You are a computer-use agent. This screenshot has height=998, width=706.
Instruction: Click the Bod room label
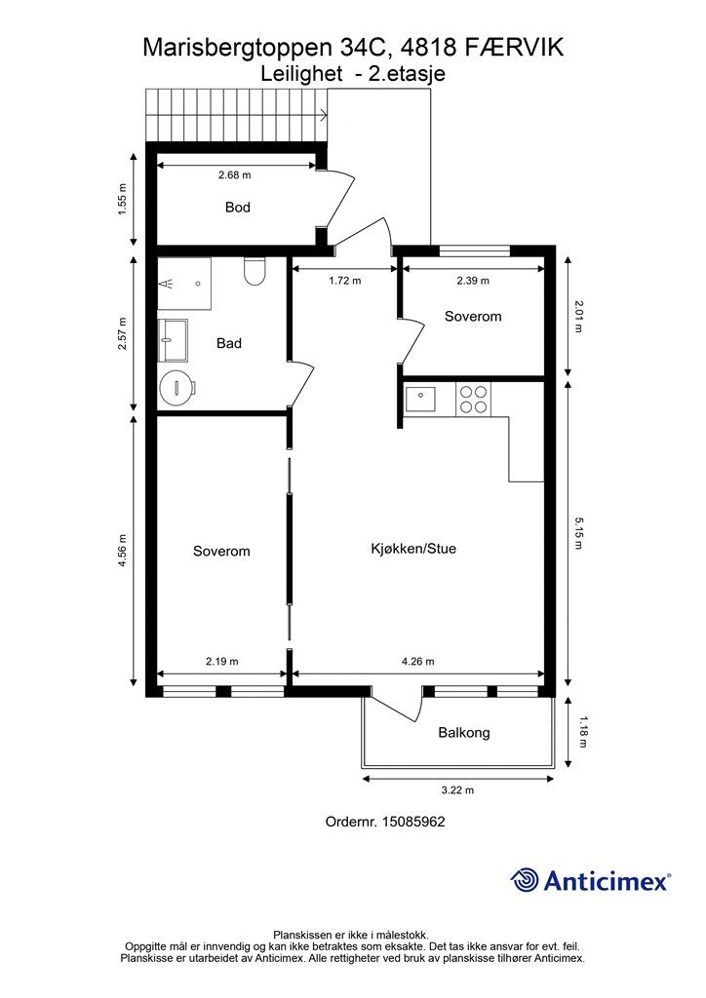[x=238, y=207]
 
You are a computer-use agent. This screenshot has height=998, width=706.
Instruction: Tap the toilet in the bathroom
[x=255, y=272]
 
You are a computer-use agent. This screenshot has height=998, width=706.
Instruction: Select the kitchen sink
[x=420, y=399]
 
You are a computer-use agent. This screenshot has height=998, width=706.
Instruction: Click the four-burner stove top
[x=474, y=400]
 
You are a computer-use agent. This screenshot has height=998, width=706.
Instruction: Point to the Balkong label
[x=464, y=733]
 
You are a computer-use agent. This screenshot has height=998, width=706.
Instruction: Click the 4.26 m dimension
[x=418, y=662]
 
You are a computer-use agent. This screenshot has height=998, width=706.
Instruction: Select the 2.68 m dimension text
[x=235, y=175]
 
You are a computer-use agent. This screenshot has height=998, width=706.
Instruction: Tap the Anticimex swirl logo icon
[x=525, y=881]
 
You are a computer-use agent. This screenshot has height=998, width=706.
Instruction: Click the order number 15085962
[x=413, y=822]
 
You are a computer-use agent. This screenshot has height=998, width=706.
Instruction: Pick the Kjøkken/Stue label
[x=413, y=549]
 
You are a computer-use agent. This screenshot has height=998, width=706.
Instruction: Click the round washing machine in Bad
[x=176, y=388]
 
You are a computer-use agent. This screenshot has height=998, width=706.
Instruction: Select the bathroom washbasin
[x=173, y=340]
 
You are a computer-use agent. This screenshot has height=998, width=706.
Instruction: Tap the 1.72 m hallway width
[x=345, y=280]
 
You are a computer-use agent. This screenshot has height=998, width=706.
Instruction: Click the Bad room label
[x=229, y=344]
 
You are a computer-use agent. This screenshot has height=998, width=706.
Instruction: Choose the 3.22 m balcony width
[x=457, y=790]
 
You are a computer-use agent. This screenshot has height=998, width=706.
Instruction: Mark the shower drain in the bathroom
[x=199, y=283]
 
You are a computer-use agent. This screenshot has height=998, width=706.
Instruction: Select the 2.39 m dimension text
[x=473, y=280]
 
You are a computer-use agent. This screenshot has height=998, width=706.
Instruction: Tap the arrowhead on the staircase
[x=325, y=115]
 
